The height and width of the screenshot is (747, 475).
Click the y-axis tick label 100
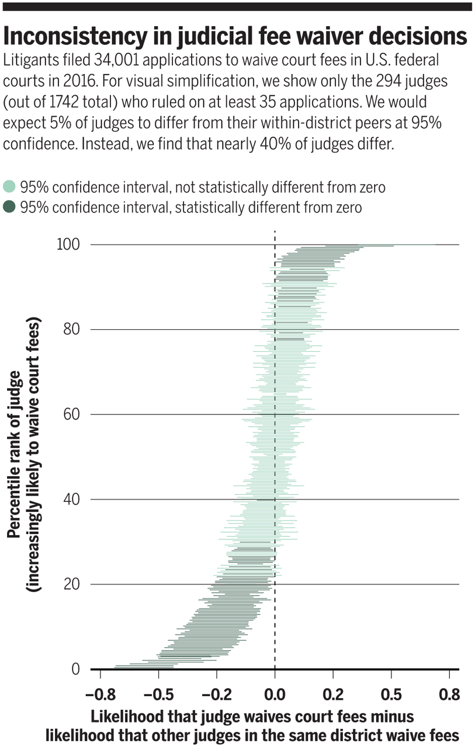[x=68, y=245]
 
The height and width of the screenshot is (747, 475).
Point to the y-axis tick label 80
[x=72, y=330]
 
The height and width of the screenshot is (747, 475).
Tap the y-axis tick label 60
[x=72, y=414]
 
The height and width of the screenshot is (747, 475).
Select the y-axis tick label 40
[x=72, y=499]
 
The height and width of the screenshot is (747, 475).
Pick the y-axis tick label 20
[x=72, y=584]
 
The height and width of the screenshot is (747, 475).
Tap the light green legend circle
[x=9, y=186]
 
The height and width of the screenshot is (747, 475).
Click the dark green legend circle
[x=9, y=207]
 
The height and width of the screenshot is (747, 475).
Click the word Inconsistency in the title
[x=75, y=36]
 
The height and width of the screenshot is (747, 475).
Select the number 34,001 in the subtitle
[x=116, y=60]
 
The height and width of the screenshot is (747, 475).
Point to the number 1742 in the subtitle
[x=64, y=102]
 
